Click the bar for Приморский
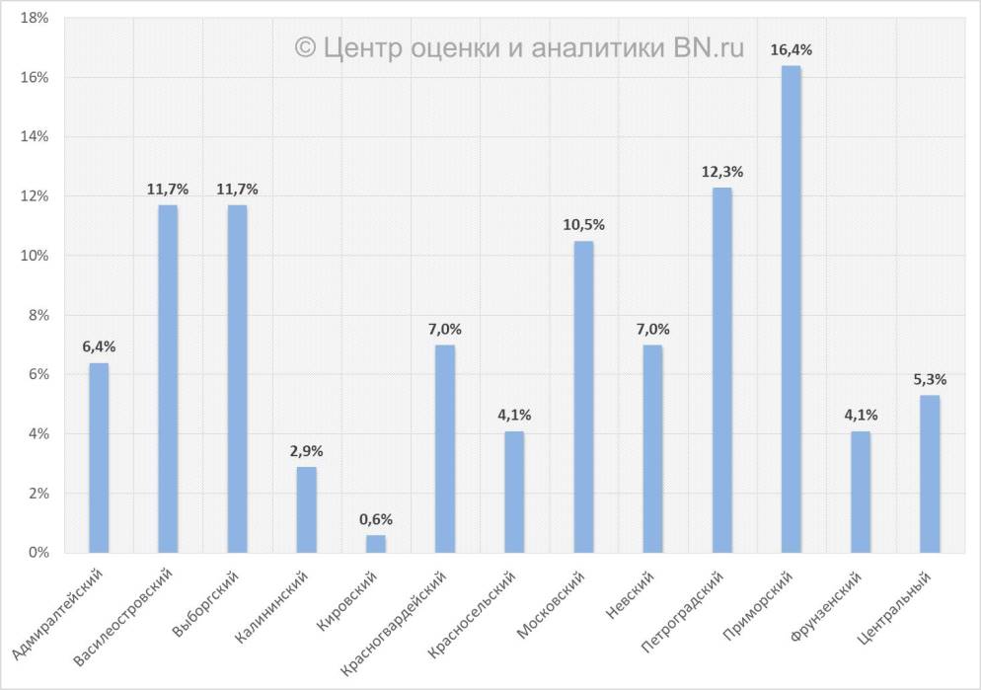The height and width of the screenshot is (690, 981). point(791,309)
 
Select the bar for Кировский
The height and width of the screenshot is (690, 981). point(376,543)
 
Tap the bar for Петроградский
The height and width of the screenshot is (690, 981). point(721,370)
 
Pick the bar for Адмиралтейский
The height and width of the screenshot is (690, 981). point(99,457)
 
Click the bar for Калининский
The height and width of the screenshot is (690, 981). point(307,509)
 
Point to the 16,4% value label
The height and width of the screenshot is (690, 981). point(791,49)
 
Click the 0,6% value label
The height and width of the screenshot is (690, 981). point(376,519)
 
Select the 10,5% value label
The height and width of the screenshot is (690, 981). point(583,225)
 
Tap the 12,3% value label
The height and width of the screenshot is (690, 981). point(721,172)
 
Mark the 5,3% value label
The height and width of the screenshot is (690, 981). point(929,379)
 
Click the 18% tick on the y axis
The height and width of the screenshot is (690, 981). point(35,18)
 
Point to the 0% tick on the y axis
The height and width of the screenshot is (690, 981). point(38,553)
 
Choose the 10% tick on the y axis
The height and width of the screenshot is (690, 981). point(35,256)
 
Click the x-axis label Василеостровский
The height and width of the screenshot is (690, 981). point(126,614)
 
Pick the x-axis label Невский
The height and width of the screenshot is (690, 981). point(630,595)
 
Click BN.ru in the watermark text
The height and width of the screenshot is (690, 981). point(710,47)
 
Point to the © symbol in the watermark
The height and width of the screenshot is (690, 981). point(305,48)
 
